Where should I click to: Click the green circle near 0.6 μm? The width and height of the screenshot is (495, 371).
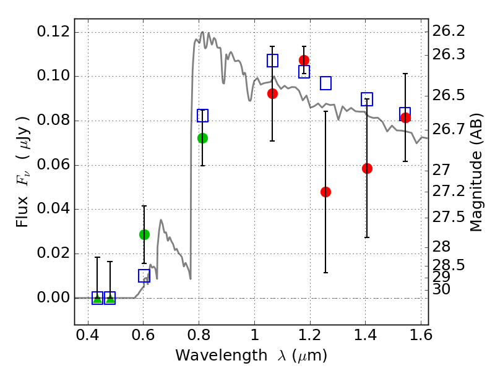tap(144, 234)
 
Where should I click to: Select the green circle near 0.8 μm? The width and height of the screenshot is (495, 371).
tap(202, 138)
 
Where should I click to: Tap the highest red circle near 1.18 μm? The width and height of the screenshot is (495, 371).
tap(304, 60)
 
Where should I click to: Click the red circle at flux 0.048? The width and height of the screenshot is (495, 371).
tap(325, 192)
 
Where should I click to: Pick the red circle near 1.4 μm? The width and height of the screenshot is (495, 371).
tap(367, 168)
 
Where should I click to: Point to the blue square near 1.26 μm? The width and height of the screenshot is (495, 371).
tap(325, 83)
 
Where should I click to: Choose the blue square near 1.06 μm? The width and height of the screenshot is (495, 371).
tap(272, 61)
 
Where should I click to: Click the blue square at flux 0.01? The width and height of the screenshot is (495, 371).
tap(144, 276)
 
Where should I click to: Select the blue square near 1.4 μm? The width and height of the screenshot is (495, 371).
tap(367, 99)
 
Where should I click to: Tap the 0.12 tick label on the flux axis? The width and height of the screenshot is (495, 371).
tap(54, 32)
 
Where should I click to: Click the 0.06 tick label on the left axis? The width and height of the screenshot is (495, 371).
tap(54, 165)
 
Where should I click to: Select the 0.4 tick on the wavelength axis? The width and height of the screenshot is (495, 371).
tap(88, 336)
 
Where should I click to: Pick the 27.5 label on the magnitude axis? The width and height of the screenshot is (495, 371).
tap(448, 217)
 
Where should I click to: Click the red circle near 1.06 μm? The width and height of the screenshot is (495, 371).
tap(272, 93)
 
